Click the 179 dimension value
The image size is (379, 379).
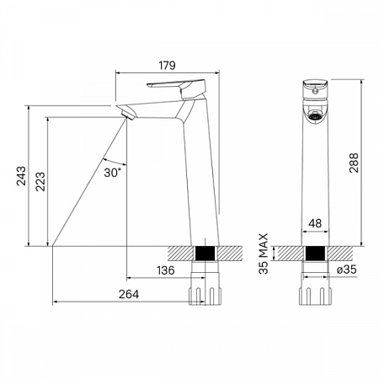tap(167, 65)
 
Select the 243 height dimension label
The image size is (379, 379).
tap(21, 176)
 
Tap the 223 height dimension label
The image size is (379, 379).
tap(40, 182)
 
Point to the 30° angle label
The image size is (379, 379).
tap(113, 173)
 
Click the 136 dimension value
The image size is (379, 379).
tap(166, 270)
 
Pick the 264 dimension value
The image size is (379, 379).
tap(129, 294)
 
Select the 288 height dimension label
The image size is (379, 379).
tap(354, 163)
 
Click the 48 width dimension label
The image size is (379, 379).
tap(315, 223)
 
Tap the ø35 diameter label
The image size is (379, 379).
tap(347, 270)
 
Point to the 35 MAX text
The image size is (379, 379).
tap(264, 254)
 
